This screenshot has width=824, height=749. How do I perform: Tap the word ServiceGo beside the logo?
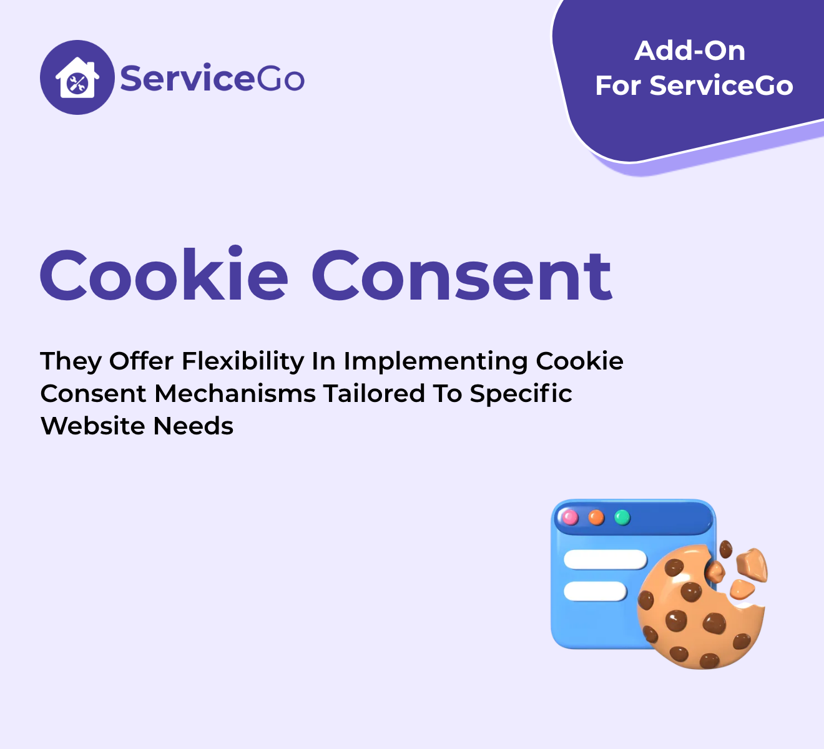(x=212, y=77)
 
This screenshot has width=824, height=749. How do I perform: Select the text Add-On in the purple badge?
(x=690, y=51)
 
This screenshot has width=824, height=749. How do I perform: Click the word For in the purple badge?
(x=618, y=86)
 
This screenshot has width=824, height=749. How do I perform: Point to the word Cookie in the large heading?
(x=164, y=275)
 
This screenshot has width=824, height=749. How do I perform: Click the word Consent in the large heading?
(x=462, y=276)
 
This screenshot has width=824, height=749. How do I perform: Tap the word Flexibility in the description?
(x=243, y=361)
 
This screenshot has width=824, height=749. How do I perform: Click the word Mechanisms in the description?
(x=235, y=394)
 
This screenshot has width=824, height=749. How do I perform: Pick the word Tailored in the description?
(x=374, y=394)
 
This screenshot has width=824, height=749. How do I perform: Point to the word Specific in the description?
(x=521, y=394)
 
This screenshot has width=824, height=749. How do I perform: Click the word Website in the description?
(x=93, y=426)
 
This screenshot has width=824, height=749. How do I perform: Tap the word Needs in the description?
(x=193, y=426)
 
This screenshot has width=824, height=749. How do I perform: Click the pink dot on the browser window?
(x=570, y=517)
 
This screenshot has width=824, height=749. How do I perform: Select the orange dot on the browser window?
(x=596, y=517)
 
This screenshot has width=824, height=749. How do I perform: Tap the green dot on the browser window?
(x=622, y=517)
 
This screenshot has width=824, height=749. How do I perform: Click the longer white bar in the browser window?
(x=605, y=559)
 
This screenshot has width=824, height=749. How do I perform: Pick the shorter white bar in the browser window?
(x=595, y=591)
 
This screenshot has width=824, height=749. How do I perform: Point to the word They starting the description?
(x=71, y=362)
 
